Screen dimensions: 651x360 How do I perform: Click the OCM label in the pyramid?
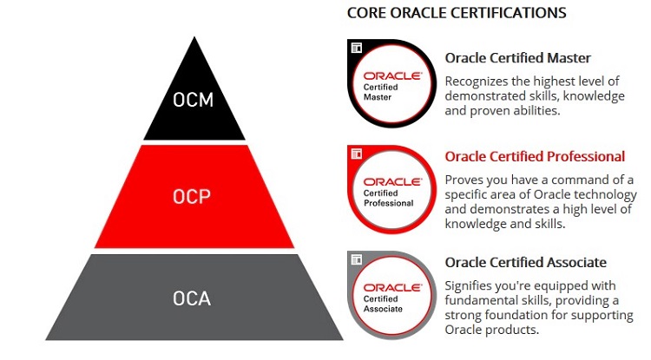193,100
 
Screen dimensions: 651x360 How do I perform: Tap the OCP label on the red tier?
192,197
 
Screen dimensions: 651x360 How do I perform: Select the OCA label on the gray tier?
192,298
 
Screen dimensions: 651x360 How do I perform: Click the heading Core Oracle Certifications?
457,13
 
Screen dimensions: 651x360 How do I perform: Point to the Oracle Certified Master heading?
517,57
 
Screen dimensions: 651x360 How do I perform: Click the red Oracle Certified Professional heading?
535,156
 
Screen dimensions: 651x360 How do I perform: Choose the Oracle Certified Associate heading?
526,262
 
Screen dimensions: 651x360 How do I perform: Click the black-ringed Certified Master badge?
392,83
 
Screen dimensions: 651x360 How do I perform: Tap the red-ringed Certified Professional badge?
392,189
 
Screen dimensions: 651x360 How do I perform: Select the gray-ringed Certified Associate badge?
392,295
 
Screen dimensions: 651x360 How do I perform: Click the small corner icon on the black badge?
357,48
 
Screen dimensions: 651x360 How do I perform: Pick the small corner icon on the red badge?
357,154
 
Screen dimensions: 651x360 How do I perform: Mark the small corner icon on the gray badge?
357,259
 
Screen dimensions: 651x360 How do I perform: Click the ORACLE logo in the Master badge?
392,75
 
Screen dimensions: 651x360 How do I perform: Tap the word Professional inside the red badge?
389,203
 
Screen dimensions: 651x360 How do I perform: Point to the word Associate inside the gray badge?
383,309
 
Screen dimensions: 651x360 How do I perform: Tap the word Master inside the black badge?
378,97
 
